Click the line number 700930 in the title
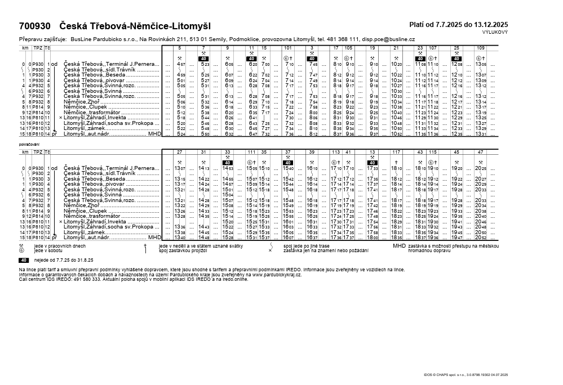point(35,26)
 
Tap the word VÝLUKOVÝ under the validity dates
point(495,32)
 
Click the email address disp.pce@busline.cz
point(388,39)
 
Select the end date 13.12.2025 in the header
point(489,24)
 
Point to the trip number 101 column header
point(287,48)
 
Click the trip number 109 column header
point(480,48)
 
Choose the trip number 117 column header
point(396,152)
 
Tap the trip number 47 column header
point(480,152)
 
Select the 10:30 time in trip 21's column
point(396,91)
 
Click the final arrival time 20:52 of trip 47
point(480,238)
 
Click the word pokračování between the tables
point(29,145)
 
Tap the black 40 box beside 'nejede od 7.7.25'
point(24,260)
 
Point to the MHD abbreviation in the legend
point(398,246)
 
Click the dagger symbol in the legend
point(145,246)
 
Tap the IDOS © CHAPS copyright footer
point(466,374)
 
